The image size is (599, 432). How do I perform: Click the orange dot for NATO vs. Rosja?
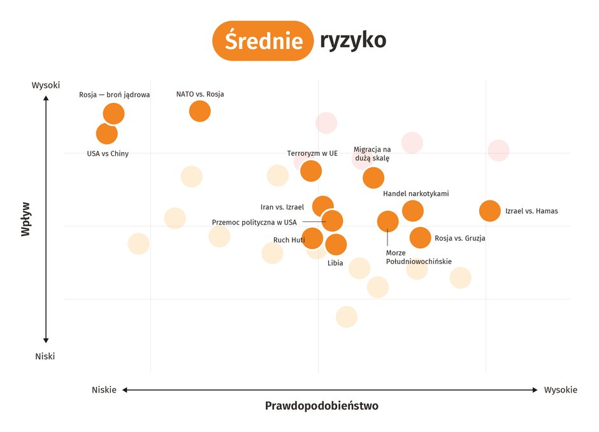(x=199, y=111)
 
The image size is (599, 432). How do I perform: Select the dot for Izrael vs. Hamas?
(x=489, y=211)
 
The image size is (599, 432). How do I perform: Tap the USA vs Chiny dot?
(x=106, y=134)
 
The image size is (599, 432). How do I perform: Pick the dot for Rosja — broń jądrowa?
(x=113, y=114)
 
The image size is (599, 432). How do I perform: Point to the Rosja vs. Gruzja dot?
(x=420, y=237)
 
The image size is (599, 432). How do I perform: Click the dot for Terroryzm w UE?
(x=311, y=171)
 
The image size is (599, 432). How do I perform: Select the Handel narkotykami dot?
(x=413, y=210)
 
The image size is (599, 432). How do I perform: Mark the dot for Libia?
(x=336, y=244)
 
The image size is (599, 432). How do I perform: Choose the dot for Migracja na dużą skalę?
(x=373, y=178)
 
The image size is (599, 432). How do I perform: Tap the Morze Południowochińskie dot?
(x=387, y=221)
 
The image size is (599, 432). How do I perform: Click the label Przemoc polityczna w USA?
(x=254, y=222)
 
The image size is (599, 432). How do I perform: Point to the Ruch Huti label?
(x=289, y=240)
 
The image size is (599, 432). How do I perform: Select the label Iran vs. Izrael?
(x=282, y=207)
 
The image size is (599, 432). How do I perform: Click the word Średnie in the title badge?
(x=263, y=41)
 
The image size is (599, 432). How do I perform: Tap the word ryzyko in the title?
(x=353, y=40)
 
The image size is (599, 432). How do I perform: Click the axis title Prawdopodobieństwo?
(x=321, y=405)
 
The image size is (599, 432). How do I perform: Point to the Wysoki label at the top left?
(x=46, y=85)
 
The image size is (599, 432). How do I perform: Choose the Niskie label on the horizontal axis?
(x=104, y=390)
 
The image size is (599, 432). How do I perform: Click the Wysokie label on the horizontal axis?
(x=560, y=390)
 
